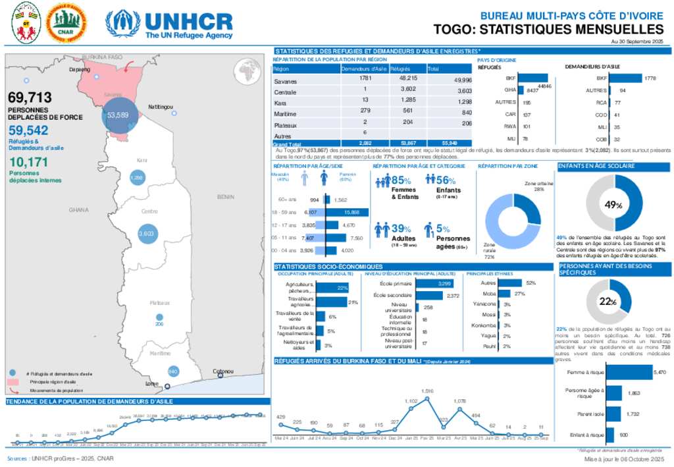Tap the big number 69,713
30,98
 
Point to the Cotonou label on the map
224,371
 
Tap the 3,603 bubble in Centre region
145,233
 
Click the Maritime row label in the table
285,113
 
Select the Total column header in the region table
434,68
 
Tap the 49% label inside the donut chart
613,205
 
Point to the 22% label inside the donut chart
608,302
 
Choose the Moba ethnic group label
489,293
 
